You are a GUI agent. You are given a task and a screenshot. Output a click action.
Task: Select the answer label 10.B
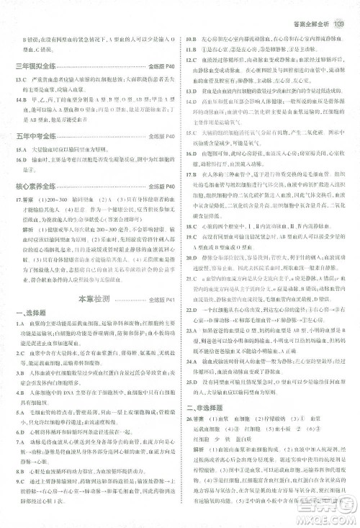pyautogui.click(x=192, y=38)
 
